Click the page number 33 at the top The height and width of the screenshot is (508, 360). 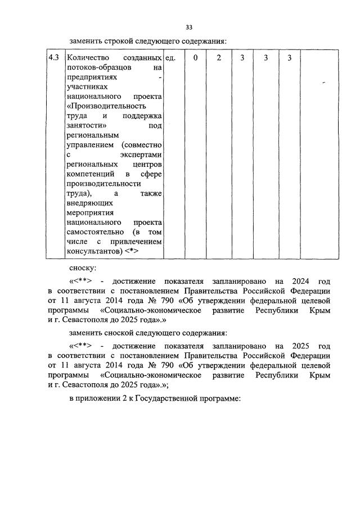point(189,27)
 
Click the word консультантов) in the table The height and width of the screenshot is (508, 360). point(95,252)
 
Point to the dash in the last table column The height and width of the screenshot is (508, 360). point(324,83)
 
